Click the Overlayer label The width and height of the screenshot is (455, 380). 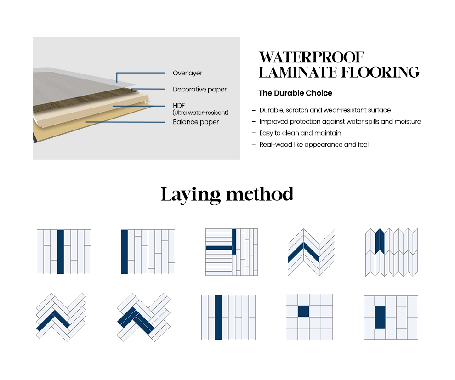pos(187,73)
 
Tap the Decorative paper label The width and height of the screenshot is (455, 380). pos(199,89)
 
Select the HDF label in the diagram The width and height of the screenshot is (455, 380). pos(179,106)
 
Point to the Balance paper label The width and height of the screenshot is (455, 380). pos(196,122)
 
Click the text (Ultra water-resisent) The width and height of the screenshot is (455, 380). pos(200,113)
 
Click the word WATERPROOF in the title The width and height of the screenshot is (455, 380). pos(311,57)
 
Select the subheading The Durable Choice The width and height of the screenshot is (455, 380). pos(295,93)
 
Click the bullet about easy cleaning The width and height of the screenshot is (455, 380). pos(300,133)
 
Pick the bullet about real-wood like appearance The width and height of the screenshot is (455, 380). pos(313,144)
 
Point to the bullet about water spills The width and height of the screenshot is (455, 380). pos(340,122)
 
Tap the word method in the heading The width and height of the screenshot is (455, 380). pos(260,194)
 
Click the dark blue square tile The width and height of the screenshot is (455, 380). pos(303,311)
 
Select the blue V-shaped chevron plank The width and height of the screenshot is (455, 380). pos(303,252)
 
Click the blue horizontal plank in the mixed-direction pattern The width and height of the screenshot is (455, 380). pos(219,248)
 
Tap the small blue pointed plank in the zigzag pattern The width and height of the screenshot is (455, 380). pos(380,241)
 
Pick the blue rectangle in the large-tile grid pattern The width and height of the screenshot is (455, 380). pos(380,317)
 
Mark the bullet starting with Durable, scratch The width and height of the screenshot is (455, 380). pos(324,110)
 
